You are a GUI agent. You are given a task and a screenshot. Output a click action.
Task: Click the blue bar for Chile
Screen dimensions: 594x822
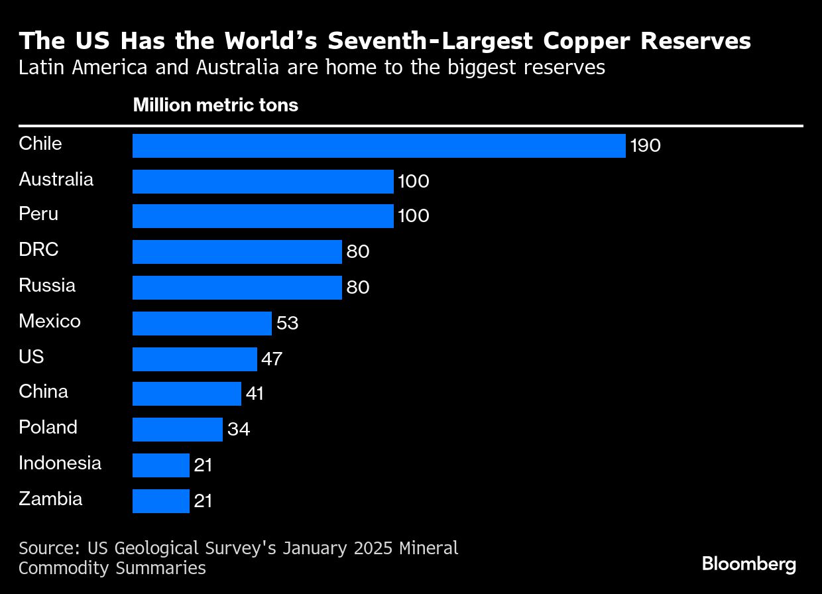(379, 146)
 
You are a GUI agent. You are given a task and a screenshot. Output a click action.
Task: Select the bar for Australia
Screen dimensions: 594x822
(263, 181)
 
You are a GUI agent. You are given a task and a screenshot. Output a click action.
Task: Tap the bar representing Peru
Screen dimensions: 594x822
(263, 216)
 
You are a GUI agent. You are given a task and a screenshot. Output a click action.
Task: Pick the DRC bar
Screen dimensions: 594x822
(237, 252)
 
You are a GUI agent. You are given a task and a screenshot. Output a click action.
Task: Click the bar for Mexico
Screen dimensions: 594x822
(202, 323)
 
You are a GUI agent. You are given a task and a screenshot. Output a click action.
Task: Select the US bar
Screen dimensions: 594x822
(194, 359)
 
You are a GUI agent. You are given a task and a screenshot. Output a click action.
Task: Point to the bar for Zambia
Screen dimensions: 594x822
(160, 501)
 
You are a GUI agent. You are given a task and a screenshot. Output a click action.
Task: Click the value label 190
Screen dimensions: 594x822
(645, 146)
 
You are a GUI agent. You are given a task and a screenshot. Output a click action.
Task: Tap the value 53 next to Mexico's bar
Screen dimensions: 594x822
(287, 323)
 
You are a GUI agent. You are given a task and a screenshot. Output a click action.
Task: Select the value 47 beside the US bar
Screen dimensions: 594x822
(272, 359)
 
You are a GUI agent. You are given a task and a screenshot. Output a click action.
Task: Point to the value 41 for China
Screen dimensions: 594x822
(255, 394)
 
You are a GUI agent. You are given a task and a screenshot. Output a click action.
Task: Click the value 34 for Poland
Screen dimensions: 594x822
(238, 430)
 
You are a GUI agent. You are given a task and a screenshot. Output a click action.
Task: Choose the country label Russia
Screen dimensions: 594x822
(47, 286)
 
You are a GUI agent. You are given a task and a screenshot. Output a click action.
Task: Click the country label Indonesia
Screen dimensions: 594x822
(60, 463)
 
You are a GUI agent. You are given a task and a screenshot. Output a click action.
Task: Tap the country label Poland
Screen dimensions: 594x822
(48, 427)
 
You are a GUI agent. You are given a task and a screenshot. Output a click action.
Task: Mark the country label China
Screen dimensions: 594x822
(43, 392)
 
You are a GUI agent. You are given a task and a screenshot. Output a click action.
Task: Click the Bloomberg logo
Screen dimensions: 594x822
(748, 564)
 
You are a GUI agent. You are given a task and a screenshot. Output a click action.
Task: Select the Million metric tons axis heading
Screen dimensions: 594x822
(215, 105)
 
